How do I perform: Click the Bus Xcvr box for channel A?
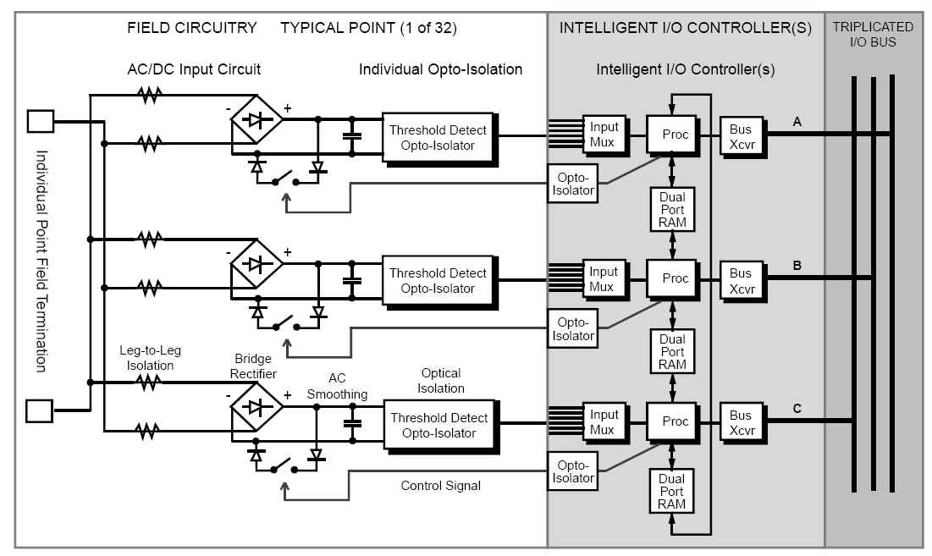click(741, 135)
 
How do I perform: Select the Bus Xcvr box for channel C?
click(741, 422)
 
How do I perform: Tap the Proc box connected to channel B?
click(676, 278)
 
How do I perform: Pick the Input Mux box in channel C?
click(604, 422)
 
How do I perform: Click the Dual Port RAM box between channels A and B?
click(672, 209)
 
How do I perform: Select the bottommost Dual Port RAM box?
click(672, 491)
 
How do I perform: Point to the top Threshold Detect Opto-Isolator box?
click(438, 137)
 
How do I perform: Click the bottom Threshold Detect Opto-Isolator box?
click(438, 425)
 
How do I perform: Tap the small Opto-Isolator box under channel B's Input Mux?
click(573, 329)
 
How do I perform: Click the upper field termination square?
click(40, 122)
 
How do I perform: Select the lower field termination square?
click(40, 411)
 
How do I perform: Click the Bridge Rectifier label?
click(253, 366)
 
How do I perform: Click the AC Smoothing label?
click(337, 387)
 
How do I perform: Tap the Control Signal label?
click(440, 486)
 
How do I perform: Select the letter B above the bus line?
click(797, 265)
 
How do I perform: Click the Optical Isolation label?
click(441, 380)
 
